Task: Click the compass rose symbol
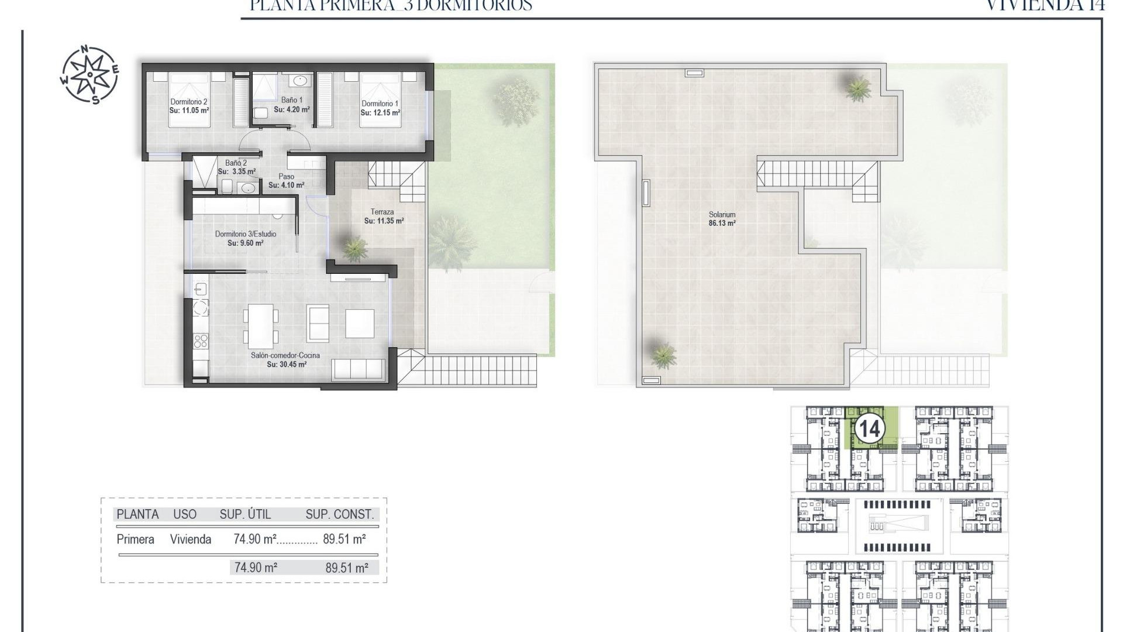[x=89, y=74]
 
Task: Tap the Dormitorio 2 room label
[x=189, y=101]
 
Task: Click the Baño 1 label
[x=292, y=100]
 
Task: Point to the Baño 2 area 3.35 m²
[x=237, y=172]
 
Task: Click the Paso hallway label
[x=286, y=176]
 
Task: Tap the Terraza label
[x=382, y=212]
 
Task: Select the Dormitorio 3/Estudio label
[x=245, y=234]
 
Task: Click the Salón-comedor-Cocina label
[x=285, y=355]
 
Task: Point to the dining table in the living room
[x=261, y=324]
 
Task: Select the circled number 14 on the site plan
[x=868, y=430]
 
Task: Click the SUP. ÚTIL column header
[x=245, y=514]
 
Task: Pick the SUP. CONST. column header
[x=339, y=514]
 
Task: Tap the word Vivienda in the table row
[x=191, y=540]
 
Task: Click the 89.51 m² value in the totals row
[x=347, y=567]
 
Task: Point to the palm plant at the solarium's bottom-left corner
[x=663, y=354]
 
